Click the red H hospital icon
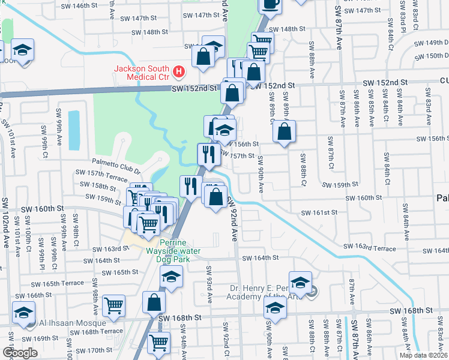tap(178, 73)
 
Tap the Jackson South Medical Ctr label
tap(143, 73)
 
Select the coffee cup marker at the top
tap(270, 4)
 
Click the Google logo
tap(20, 352)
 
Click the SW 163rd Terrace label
tap(370, 247)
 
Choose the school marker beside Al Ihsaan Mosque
tap(23, 314)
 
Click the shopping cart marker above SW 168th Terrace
tap(113, 305)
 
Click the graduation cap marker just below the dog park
tap(171, 277)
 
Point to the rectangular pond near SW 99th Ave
tap(74, 130)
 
